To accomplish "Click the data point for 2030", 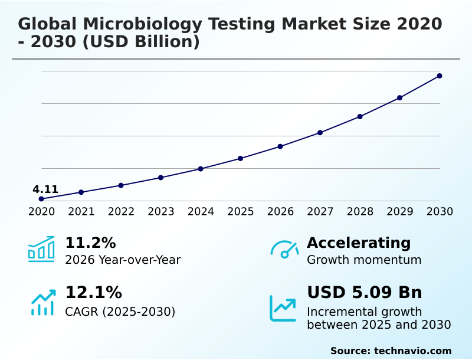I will (440, 76).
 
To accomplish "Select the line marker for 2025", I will (241, 158).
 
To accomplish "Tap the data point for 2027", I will (320, 133).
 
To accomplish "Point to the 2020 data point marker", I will (41, 199).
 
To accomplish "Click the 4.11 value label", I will (45, 189).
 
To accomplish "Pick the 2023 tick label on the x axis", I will (161, 211).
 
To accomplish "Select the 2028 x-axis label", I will (360, 211).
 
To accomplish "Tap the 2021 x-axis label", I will (81, 211).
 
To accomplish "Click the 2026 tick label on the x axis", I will (280, 211).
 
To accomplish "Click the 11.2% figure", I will (90, 243).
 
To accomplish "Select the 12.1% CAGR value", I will (93, 292).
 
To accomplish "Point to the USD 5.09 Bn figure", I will (365, 292).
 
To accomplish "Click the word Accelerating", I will (359, 243).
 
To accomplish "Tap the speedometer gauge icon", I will (284, 250).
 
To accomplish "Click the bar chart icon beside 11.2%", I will (41, 249).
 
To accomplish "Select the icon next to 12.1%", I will (42, 302).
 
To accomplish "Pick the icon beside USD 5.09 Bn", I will (283, 307).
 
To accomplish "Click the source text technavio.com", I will (412, 351).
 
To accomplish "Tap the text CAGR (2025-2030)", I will (120, 311).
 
